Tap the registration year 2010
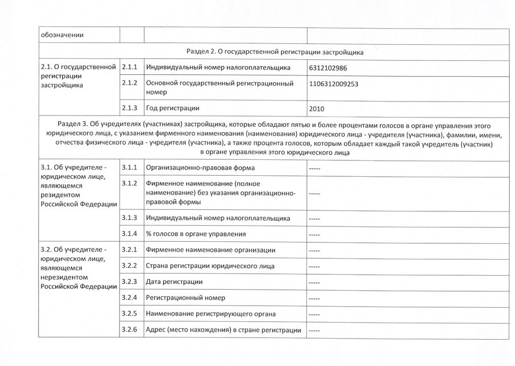click(318, 109)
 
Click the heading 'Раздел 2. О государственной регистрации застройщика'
click(274, 52)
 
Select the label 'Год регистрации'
click(173, 108)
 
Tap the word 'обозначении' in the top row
click(62, 35)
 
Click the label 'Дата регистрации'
click(174, 282)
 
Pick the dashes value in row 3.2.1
click(314, 251)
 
